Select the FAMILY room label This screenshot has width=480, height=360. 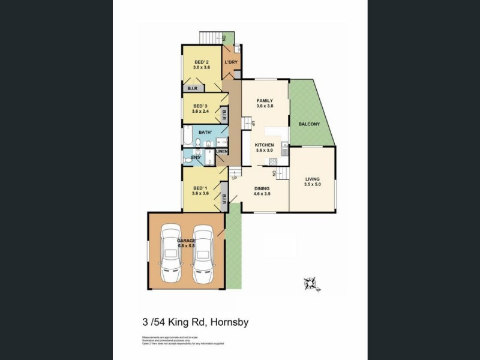pyautogui.click(x=265, y=100)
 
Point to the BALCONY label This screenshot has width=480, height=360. pyautogui.click(x=309, y=124)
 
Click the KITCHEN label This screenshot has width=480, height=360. pyautogui.click(x=265, y=145)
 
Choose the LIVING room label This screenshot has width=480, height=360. pyautogui.click(x=313, y=179)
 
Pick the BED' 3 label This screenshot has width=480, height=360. pyautogui.click(x=200, y=106)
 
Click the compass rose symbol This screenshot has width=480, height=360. pyautogui.click(x=311, y=281)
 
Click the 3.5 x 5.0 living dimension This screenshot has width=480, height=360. pyautogui.click(x=313, y=184)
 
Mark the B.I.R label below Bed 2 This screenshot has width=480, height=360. pyautogui.click(x=193, y=88)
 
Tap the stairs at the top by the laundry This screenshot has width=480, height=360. pyautogui.click(x=210, y=36)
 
